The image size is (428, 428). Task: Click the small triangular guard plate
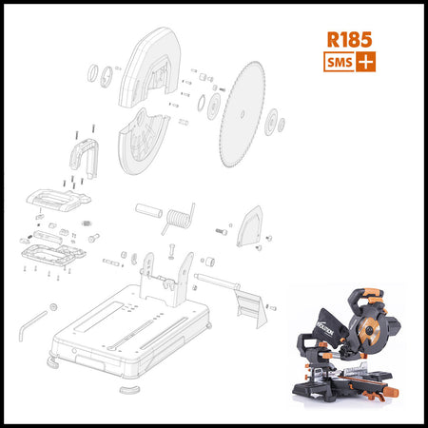point(250,226)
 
